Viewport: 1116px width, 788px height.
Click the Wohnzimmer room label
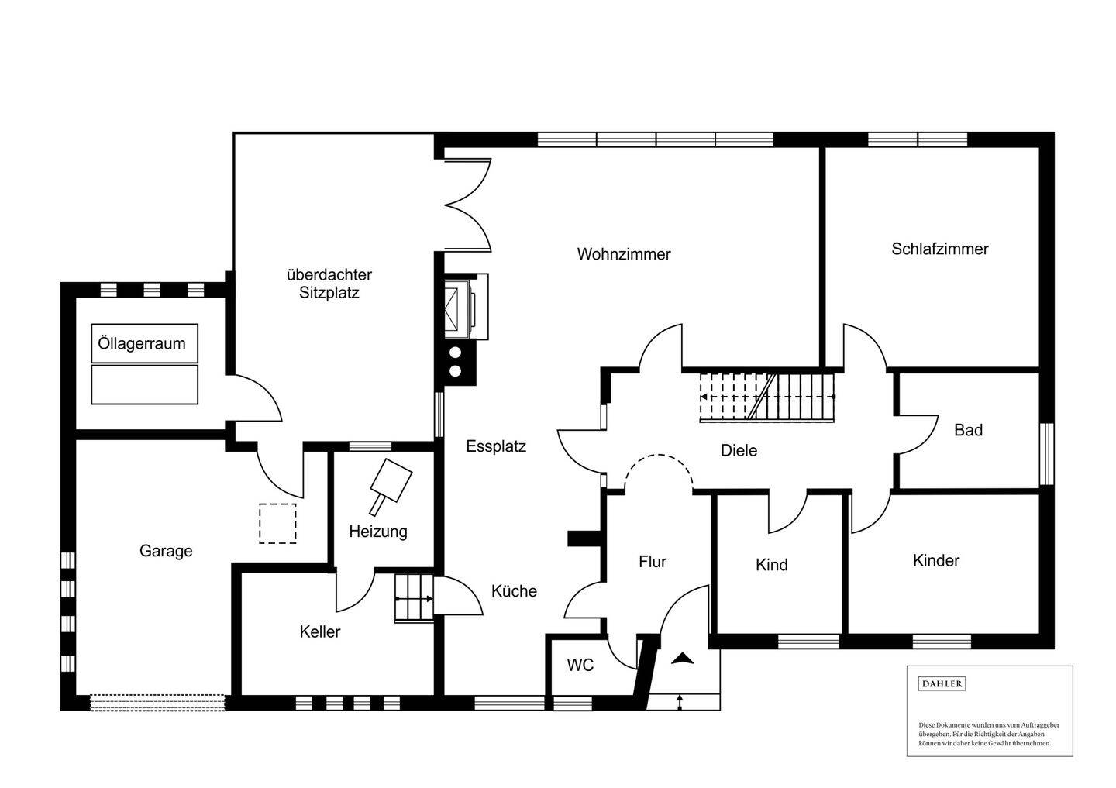coord(624,254)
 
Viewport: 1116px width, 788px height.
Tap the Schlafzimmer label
coord(939,249)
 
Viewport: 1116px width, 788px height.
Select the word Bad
coord(968,430)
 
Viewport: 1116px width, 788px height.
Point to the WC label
coord(580,665)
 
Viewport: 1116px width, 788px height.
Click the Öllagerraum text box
coord(144,343)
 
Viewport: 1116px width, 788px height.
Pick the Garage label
coord(166,551)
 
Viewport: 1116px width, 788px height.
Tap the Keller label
coord(320,632)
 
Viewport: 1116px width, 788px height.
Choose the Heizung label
coord(378,532)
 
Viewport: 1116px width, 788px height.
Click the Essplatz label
coord(496,446)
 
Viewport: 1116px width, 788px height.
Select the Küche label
coord(514,591)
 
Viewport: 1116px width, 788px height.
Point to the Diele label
coord(739,451)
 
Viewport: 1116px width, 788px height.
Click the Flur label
coord(653,562)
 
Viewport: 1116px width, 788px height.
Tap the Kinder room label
coord(936,561)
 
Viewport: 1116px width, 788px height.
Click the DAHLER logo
coord(942,684)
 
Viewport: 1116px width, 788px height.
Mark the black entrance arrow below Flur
coord(683,659)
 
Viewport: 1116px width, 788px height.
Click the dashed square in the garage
coord(277,523)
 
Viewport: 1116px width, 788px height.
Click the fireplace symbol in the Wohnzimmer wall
coord(466,307)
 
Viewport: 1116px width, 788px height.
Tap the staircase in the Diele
coord(766,397)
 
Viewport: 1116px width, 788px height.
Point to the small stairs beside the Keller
coord(414,598)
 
